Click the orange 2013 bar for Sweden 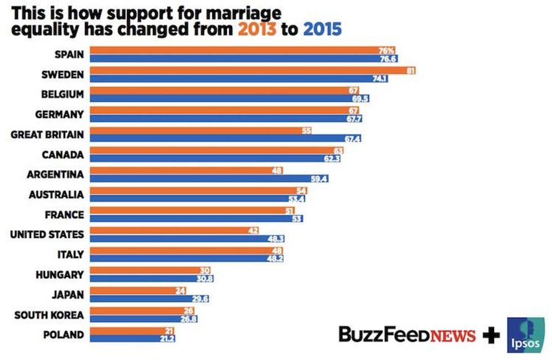[x=248, y=70]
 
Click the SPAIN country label [x=69, y=55]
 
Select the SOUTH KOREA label [x=50, y=314]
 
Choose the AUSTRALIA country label [x=56, y=195]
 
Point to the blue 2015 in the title [x=320, y=29]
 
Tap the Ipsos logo [x=526, y=335]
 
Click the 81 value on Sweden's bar [x=411, y=70]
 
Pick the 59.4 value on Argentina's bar [x=319, y=179]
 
